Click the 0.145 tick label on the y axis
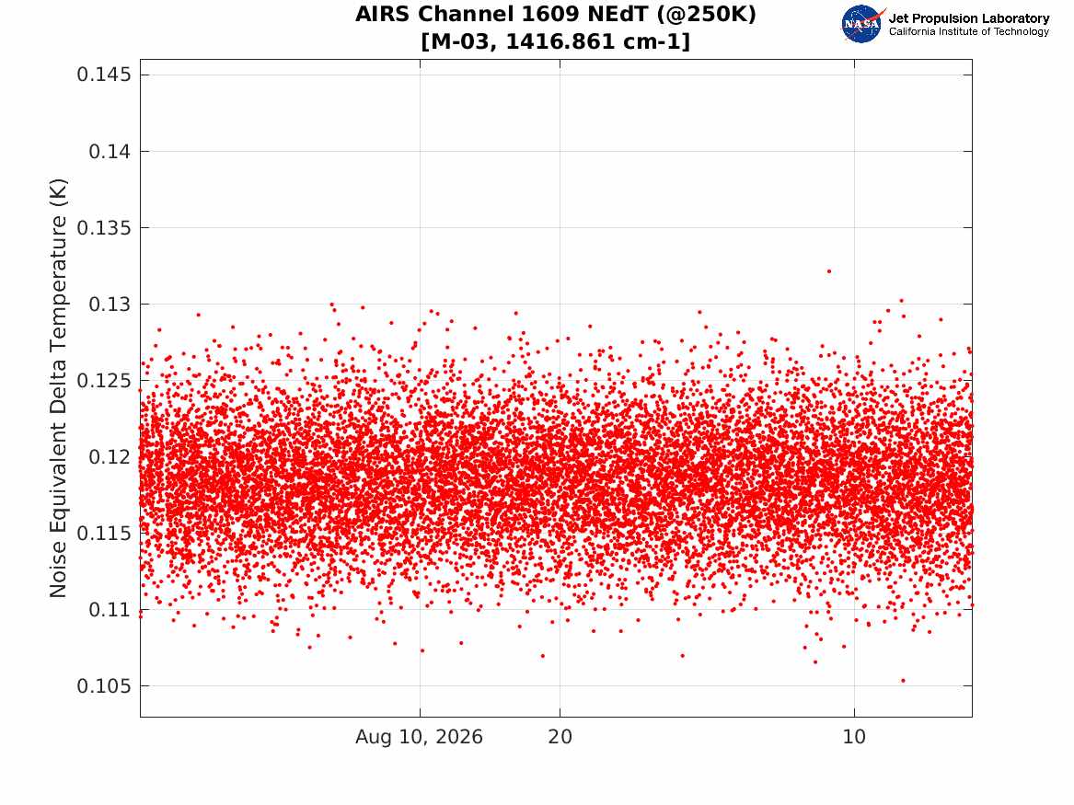103,75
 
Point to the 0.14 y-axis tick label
110,151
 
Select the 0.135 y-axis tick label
103,228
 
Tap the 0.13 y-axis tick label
110,304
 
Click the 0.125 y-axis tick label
103,381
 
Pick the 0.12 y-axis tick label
110,456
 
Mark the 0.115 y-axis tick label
103,534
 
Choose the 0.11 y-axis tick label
110,609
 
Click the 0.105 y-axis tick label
103,686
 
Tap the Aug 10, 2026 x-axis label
419,737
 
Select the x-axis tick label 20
560,737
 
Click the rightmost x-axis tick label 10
854,737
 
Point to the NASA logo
861,24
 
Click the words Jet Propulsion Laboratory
968,18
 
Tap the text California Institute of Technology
968,31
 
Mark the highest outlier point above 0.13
829,271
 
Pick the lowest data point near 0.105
903,681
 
